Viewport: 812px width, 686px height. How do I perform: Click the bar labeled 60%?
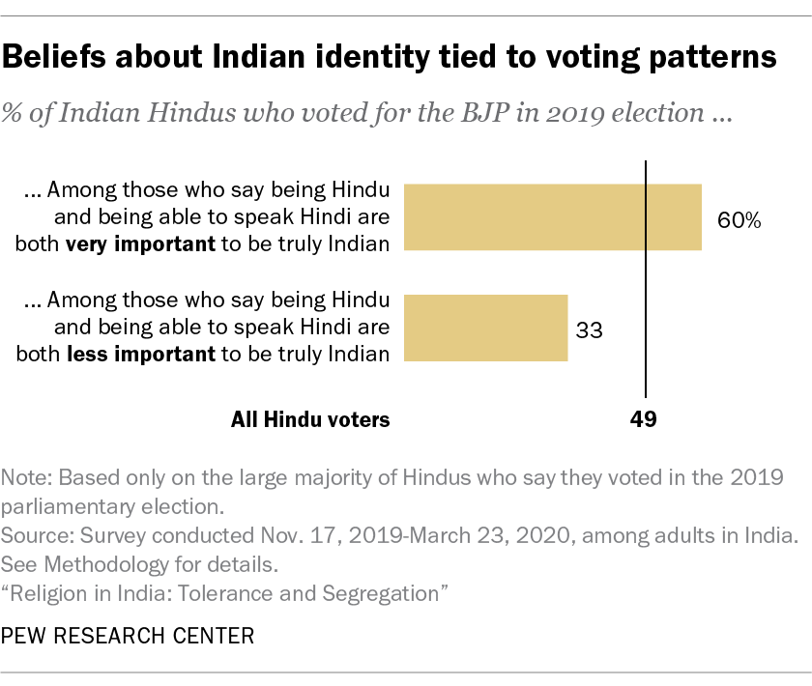pos(551,217)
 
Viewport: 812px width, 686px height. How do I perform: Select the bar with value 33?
pos(484,329)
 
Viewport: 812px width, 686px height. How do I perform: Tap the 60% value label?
pos(739,219)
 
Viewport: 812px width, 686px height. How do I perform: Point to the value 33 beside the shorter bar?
pos(589,330)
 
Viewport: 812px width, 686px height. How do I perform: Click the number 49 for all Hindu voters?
pos(643,419)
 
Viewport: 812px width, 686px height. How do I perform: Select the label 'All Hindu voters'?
pos(310,419)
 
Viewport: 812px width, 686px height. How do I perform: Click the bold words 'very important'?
pos(140,243)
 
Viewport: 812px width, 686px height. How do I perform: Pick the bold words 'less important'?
pos(140,354)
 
